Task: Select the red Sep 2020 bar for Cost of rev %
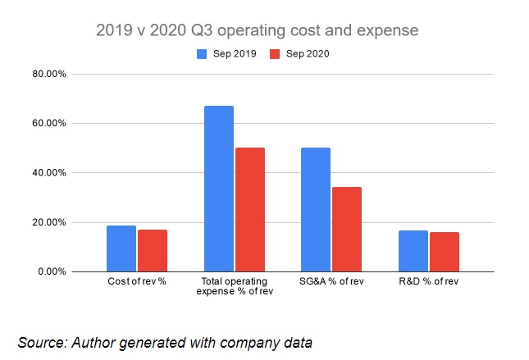click(x=153, y=250)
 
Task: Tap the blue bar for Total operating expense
click(x=219, y=189)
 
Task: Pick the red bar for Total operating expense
click(x=249, y=209)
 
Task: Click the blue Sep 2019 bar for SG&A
click(x=316, y=209)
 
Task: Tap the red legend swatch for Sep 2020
click(x=276, y=54)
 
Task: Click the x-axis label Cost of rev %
click(x=137, y=282)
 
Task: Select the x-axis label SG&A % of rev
click(x=331, y=282)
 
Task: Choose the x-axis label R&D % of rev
click(x=429, y=282)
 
